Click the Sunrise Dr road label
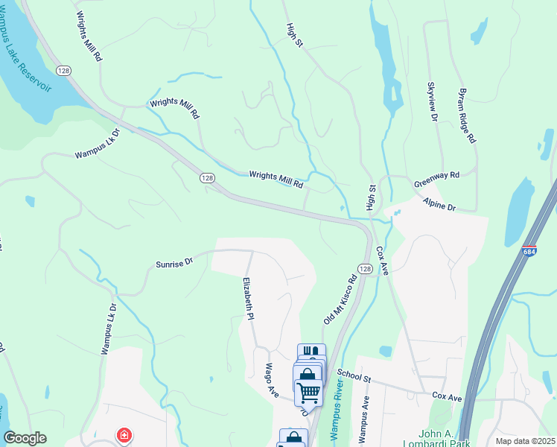click(174, 263)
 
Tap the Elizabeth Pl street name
click(249, 299)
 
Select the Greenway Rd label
click(436, 180)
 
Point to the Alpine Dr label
click(439, 204)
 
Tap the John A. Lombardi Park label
click(426, 437)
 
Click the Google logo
click(25, 438)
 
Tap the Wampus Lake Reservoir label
click(30, 66)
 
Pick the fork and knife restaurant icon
click(312, 352)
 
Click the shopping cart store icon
click(308, 390)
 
